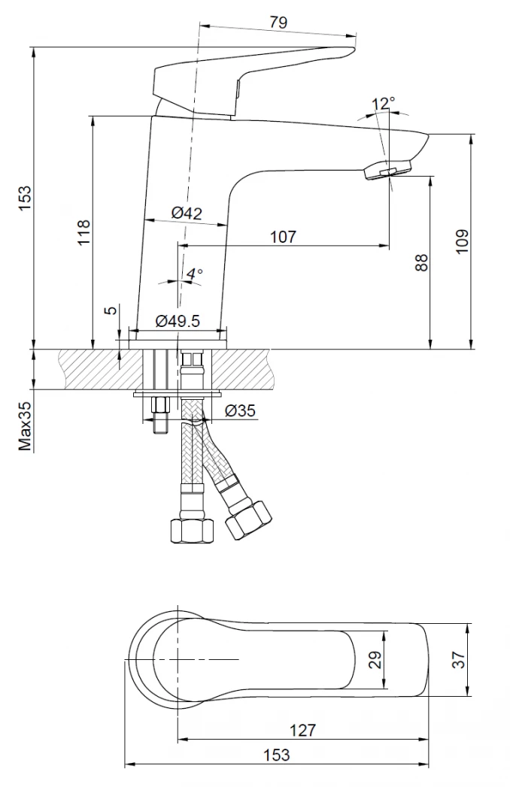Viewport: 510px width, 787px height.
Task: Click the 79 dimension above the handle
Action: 278,23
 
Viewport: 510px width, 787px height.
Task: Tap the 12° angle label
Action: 384,104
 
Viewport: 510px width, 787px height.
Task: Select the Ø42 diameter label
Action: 187,213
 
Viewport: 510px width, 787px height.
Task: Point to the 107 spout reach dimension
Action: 284,237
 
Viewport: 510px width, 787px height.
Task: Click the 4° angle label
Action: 195,274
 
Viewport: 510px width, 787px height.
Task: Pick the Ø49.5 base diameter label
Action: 178,320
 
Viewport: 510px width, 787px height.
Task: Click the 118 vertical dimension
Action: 83,232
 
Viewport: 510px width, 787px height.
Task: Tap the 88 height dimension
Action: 421,262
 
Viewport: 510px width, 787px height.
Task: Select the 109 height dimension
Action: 462,241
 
